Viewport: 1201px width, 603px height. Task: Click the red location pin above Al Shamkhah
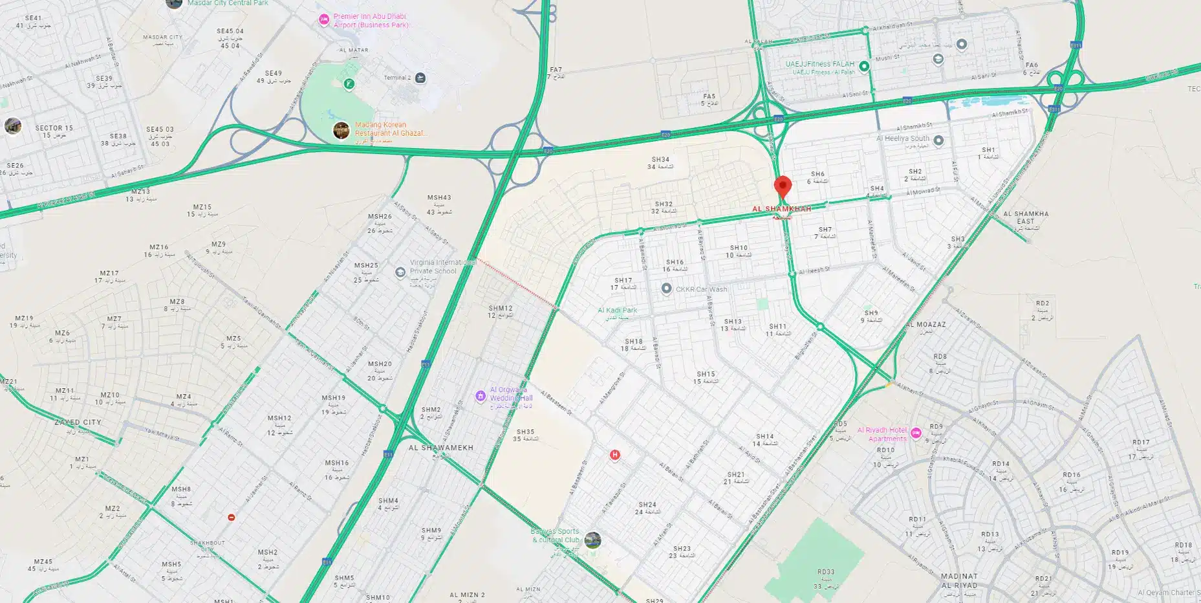(x=783, y=186)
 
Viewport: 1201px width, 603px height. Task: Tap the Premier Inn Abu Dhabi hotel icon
(x=324, y=20)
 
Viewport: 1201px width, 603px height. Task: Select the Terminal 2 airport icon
(x=420, y=78)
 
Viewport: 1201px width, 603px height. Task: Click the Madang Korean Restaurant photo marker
(x=341, y=130)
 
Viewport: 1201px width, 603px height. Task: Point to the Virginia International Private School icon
(x=400, y=272)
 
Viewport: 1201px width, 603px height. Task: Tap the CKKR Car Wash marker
(x=666, y=289)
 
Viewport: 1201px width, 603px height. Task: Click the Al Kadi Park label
(x=617, y=311)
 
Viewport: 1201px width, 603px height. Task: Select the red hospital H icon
(x=614, y=455)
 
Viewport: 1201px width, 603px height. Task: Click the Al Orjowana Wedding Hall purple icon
(x=480, y=396)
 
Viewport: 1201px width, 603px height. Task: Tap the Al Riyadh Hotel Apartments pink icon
(x=916, y=433)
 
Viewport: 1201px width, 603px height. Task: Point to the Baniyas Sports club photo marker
(x=592, y=540)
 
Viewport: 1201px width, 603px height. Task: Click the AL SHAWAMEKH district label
(x=440, y=448)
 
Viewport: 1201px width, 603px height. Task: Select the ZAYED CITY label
(x=78, y=422)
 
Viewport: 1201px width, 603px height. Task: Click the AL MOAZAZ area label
(x=925, y=325)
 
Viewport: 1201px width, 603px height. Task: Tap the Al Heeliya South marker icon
(x=938, y=140)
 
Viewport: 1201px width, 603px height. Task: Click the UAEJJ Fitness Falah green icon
(x=863, y=66)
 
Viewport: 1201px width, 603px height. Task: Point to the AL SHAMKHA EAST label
(x=1026, y=217)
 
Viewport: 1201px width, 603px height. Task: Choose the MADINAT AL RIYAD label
(x=958, y=580)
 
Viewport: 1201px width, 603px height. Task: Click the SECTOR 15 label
(x=54, y=128)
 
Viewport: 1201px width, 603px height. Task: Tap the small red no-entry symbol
(x=231, y=518)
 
